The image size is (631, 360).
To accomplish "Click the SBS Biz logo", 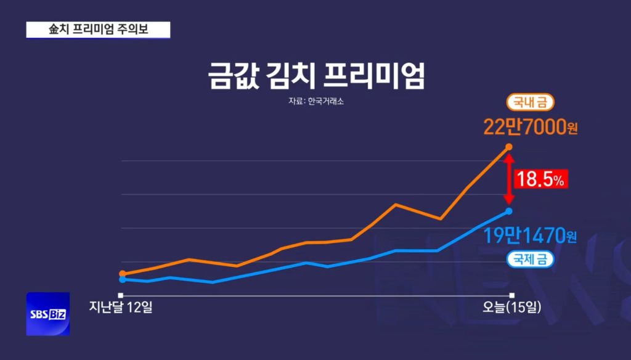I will [x=48, y=314].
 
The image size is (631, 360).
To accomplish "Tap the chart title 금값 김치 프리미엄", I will [x=315, y=77].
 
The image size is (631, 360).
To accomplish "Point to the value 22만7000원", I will [x=531, y=128].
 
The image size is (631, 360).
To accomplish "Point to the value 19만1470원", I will [x=531, y=235].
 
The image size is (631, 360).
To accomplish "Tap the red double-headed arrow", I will [x=509, y=179].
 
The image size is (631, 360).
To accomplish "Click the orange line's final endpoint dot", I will [x=509, y=147].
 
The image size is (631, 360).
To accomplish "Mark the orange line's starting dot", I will [x=122, y=273].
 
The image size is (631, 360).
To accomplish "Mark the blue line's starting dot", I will [x=122, y=279].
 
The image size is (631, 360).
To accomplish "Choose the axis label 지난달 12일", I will [x=121, y=306].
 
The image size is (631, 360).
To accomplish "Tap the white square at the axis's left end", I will [x=120, y=295].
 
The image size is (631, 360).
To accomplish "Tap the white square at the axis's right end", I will [x=512, y=295].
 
